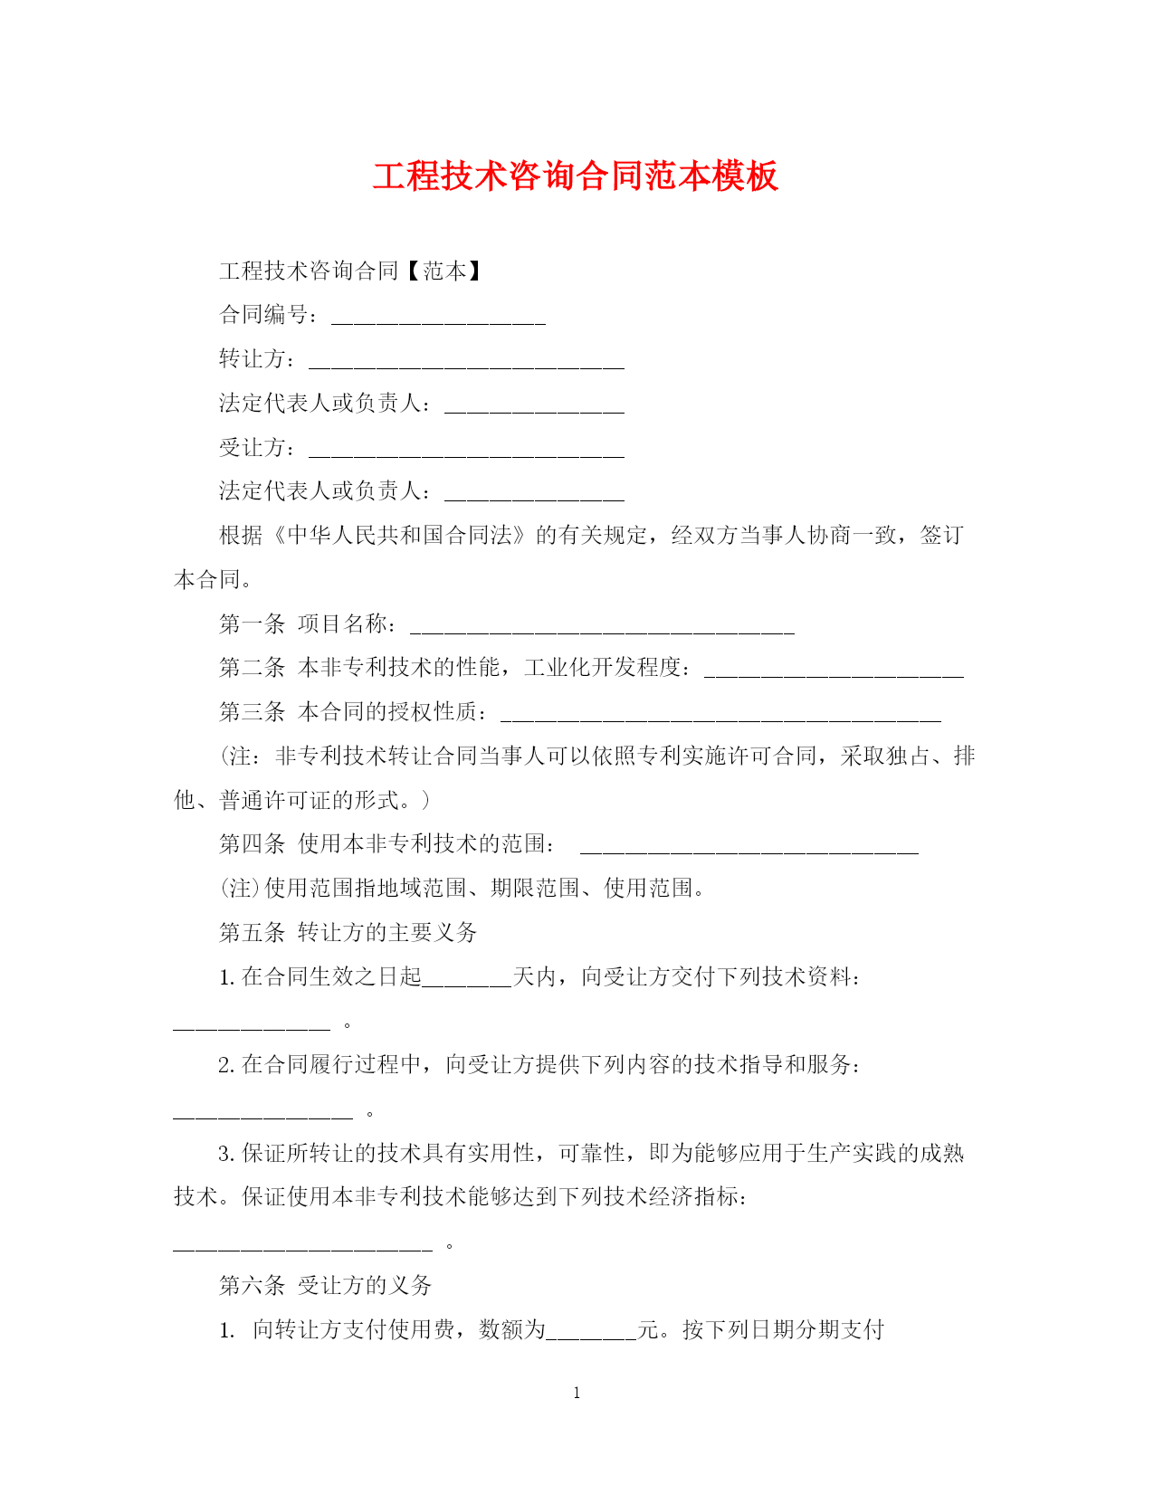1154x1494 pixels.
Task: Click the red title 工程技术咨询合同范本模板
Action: coord(576,176)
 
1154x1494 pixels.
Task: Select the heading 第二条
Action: coord(252,668)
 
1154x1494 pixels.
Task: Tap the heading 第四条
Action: coord(252,844)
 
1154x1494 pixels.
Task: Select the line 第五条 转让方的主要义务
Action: coord(348,932)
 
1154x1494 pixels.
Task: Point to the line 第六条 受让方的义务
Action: coord(326,1285)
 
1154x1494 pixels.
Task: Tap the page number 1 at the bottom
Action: coord(577,1394)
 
